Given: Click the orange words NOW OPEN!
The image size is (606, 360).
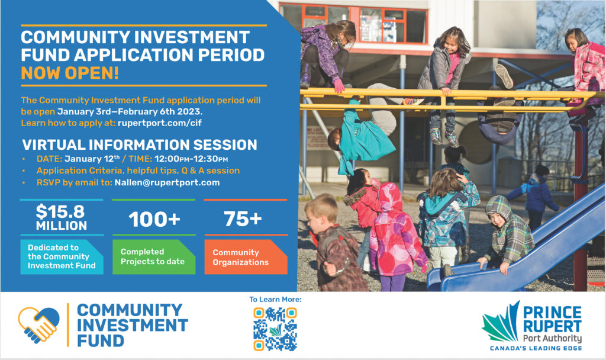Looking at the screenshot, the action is tap(70, 73).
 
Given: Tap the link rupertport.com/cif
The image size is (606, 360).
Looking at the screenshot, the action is tap(160, 123).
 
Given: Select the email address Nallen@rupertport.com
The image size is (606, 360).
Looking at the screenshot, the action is tap(167, 182).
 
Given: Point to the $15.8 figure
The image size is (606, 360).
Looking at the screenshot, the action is tap(60, 211).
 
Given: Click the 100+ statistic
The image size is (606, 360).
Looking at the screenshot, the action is tap(154, 219).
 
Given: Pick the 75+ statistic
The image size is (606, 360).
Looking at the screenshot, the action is tap(243, 219).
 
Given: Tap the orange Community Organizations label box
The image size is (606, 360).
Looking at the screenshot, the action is tap(246, 257).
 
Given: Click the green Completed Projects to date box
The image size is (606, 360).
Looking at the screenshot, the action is tap(154, 257).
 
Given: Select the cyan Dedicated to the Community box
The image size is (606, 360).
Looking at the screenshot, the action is tap(62, 257).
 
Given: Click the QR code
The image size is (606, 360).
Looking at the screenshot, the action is tap(275, 329).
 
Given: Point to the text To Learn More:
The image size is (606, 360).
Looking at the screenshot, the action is tap(275, 299).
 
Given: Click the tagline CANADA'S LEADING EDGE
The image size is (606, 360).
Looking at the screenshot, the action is tap(536, 348).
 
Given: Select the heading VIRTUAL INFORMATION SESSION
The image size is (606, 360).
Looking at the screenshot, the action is tap(140, 145).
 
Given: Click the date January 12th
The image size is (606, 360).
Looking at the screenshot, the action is tap(92, 159).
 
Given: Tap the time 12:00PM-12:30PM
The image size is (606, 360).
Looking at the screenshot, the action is tap(191, 159).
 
